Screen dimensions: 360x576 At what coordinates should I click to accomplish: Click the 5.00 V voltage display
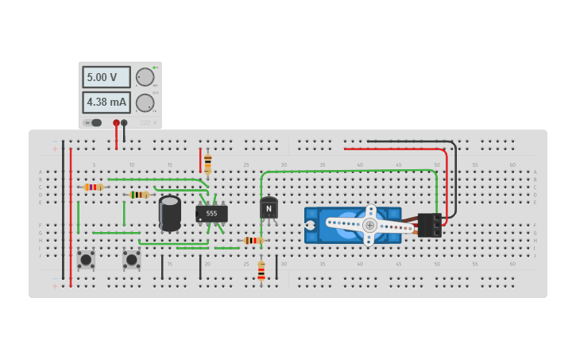click(106, 77)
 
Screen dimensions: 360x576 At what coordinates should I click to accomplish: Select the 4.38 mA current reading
click(106, 103)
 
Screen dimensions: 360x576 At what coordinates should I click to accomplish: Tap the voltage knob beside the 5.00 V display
click(145, 77)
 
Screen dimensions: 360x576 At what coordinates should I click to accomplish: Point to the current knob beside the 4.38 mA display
click(145, 103)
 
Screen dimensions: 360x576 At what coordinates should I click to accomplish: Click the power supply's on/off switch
click(94, 122)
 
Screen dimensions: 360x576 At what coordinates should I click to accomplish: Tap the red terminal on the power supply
click(116, 122)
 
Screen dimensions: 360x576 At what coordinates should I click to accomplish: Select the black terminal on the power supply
click(124, 122)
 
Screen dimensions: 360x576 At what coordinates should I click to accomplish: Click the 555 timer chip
click(211, 213)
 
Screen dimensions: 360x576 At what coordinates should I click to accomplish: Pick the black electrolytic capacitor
click(169, 213)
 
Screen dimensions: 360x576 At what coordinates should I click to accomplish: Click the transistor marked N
click(269, 208)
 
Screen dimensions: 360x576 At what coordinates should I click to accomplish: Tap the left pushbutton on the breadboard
click(86, 259)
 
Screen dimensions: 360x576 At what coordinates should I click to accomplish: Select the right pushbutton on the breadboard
click(131, 259)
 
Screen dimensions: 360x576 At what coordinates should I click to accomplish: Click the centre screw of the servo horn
click(369, 225)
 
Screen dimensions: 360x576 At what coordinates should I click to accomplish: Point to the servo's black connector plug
click(429, 225)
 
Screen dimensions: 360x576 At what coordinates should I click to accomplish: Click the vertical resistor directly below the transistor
click(261, 272)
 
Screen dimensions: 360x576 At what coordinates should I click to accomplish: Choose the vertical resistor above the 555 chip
click(208, 164)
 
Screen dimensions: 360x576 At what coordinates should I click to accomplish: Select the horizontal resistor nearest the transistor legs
click(253, 240)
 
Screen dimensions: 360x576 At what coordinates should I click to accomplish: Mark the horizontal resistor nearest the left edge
click(93, 187)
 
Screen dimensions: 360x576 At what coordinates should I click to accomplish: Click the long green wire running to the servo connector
click(350, 170)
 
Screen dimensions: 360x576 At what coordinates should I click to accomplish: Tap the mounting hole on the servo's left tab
click(310, 225)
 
